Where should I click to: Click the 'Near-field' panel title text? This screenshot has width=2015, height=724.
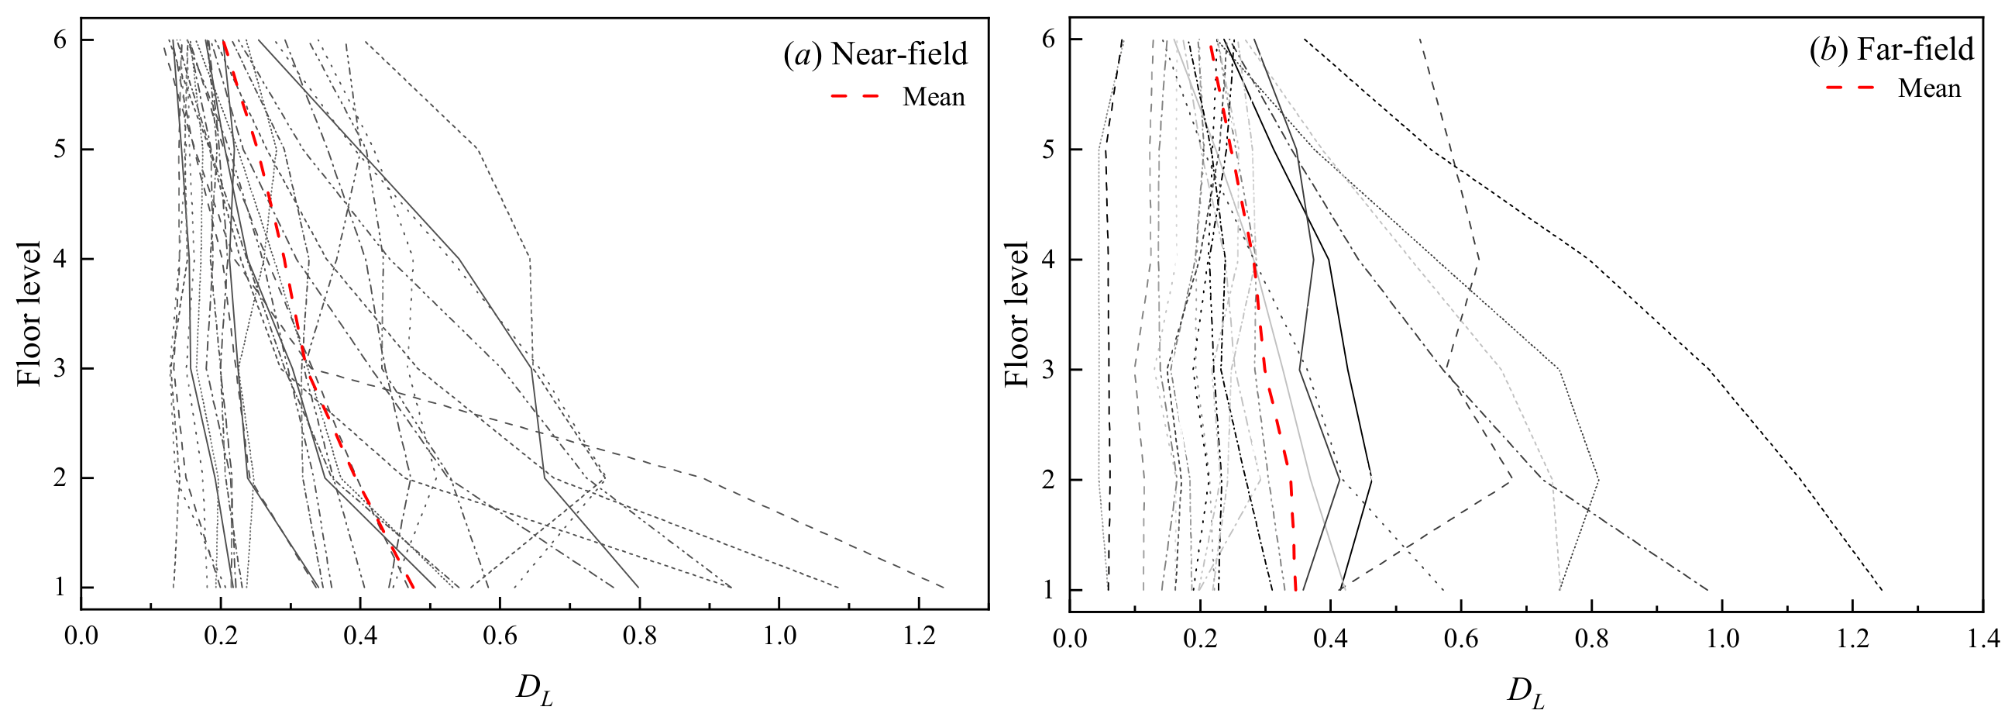pyautogui.click(x=899, y=54)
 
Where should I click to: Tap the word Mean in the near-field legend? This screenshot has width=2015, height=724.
pyautogui.click(x=934, y=97)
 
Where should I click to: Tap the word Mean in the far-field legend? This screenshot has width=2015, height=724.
pyautogui.click(x=1929, y=88)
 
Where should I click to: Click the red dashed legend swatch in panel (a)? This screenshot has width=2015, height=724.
pyautogui.click(x=855, y=97)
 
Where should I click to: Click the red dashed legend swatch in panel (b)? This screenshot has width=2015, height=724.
pyautogui.click(x=1851, y=88)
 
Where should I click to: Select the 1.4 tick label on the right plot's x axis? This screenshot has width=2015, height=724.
pyautogui.click(x=1983, y=639)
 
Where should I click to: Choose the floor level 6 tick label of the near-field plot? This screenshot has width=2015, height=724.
pyautogui.click(x=60, y=40)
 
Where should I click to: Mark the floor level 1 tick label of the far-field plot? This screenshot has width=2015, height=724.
pyautogui.click(x=1048, y=590)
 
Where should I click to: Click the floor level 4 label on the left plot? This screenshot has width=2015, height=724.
pyautogui.click(x=60, y=259)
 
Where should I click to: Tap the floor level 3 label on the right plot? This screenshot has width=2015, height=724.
pyautogui.click(x=1048, y=371)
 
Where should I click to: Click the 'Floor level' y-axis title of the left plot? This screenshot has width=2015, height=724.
pyautogui.click(x=28, y=314)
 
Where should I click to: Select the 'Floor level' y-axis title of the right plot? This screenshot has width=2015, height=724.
pyautogui.click(x=1016, y=314)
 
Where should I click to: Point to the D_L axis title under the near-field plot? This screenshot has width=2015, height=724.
pyautogui.click(x=535, y=690)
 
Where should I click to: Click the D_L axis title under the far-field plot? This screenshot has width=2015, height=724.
pyautogui.click(x=1526, y=692)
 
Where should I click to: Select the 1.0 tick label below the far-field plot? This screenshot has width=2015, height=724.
pyautogui.click(x=1721, y=639)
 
